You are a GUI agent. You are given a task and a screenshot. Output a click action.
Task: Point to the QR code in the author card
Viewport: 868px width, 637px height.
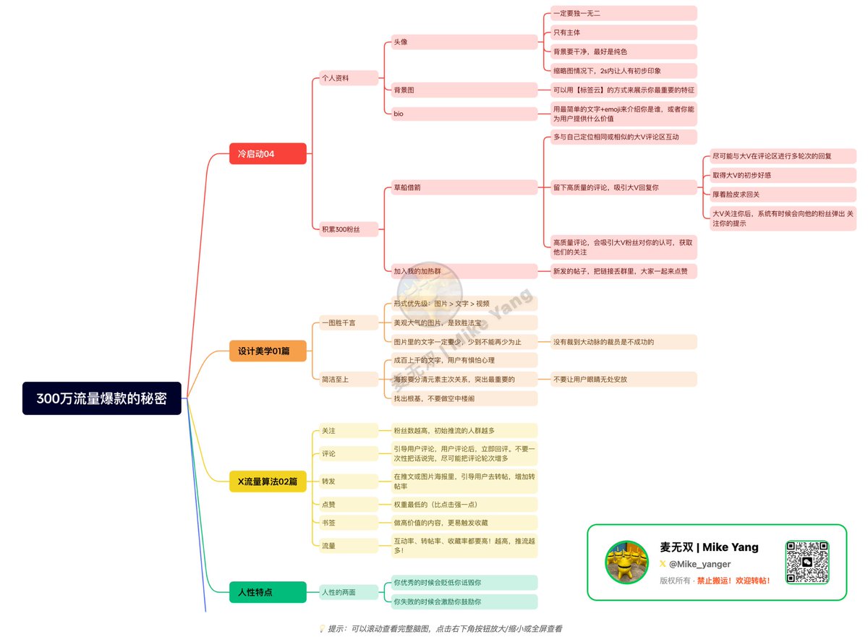click(807, 562)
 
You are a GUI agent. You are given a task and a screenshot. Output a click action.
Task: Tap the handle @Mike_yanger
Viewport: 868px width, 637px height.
click(699, 564)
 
